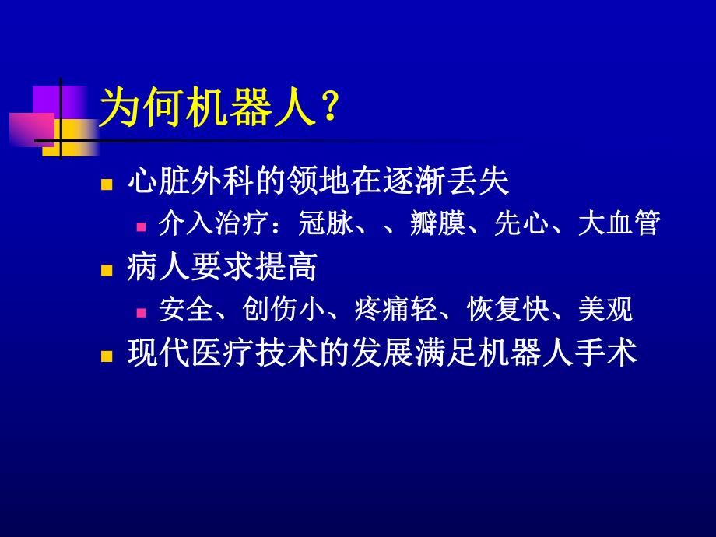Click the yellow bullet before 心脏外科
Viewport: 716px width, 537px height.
[x=107, y=185]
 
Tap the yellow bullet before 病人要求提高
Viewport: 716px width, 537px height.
[x=107, y=269]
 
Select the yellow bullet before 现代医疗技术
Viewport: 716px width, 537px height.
[x=107, y=356]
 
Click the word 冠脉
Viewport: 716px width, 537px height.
[x=326, y=225]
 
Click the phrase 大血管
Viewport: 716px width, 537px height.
[x=619, y=225]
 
